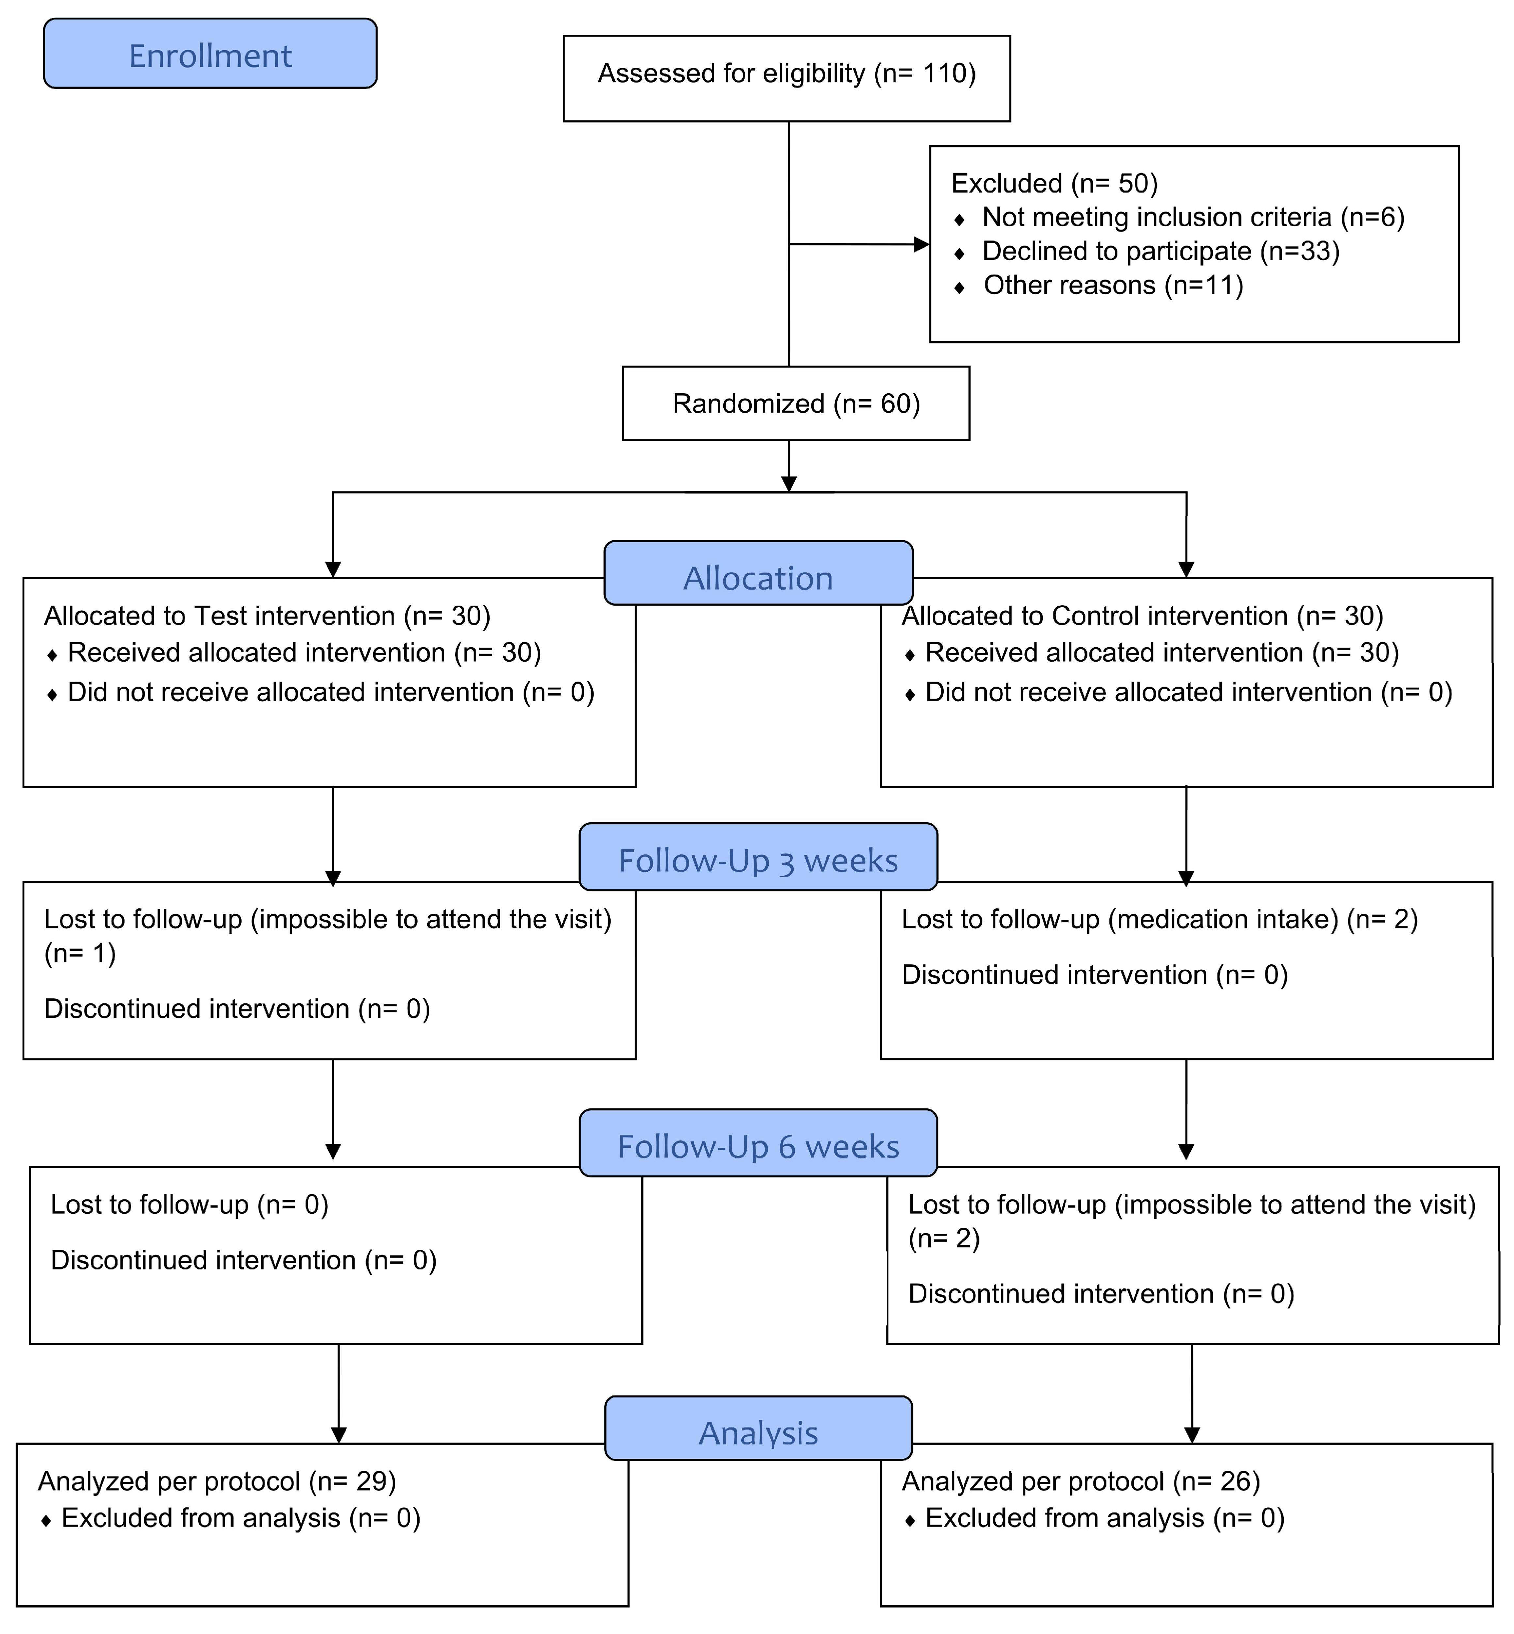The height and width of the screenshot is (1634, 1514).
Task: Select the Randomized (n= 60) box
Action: pos(795,403)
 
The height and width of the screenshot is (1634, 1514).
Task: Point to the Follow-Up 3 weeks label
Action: pos(758,859)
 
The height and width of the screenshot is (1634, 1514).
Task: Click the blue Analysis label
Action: pos(758,1432)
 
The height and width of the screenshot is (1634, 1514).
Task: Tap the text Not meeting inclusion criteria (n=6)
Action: pos(1193,217)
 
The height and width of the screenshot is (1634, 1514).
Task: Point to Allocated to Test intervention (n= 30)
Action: pos(267,615)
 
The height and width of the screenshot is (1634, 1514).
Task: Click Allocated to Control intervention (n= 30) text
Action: pos(1142,615)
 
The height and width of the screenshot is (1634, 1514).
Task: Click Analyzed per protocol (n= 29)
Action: pos(217,1481)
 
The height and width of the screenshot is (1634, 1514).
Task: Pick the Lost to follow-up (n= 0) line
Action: pos(189,1204)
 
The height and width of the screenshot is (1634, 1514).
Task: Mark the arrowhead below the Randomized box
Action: pos(788,484)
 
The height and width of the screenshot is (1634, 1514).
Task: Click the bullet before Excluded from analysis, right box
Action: pos(909,1520)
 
